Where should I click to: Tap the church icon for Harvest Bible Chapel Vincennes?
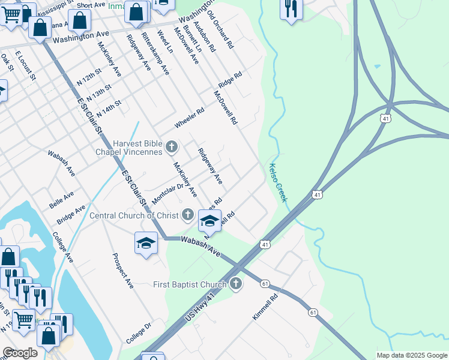tap(172, 146)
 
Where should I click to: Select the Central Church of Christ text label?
tap(135, 215)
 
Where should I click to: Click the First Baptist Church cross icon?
tap(236, 284)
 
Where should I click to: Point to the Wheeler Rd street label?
tap(190, 118)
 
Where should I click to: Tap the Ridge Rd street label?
tap(230, 80)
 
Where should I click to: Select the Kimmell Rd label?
tap(265, 306)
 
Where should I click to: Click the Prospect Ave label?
tap(122, 271)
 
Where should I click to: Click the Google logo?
tap(20, 353)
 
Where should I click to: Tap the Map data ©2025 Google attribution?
tap(412, 355)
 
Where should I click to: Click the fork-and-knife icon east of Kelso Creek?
tap(291, 8)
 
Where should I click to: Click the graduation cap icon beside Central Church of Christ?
tap(209, 221)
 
